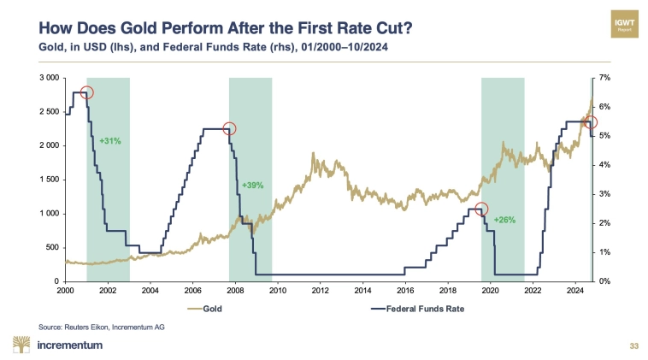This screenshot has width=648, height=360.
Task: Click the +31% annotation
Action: [109, 140]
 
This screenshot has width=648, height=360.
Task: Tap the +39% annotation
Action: [252, 185]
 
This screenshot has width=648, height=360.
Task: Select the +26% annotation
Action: [505, 220]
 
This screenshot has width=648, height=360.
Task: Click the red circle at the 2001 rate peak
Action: [86, 91]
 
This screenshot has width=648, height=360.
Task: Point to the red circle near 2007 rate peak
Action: [228, 129]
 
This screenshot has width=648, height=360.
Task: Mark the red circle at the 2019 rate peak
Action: [481, 209]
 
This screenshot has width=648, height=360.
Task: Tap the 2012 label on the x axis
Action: [321, 292]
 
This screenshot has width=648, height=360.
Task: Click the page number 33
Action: [633, 345]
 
